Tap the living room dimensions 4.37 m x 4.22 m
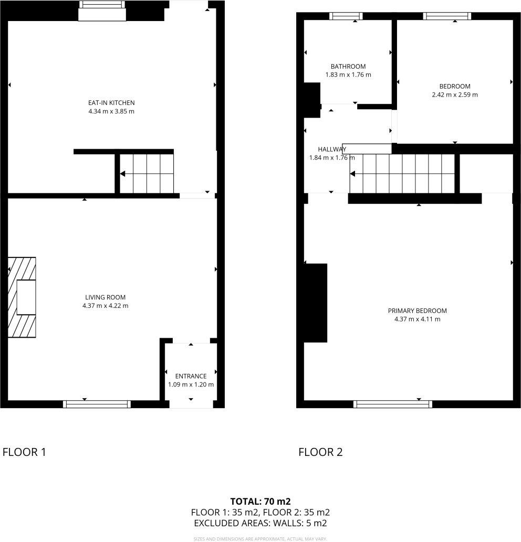pos(106,306)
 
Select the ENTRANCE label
pos(191,376)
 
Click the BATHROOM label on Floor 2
pos(348,66)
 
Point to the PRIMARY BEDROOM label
pos(417,310)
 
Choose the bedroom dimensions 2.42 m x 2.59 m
pos(455,95)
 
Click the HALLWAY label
pos(331,149)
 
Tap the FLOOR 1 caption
pos(25,452)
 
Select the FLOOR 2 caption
pos(320,452)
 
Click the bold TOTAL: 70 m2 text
pos(260,501)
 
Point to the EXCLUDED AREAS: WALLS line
pos(260,523)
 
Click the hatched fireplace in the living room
pos(22,297)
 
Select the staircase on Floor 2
pos(402,173)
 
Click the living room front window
pos(97,404)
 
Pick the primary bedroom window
pos(393,404)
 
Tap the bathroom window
pos(346,16)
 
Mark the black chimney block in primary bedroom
pos(316,303)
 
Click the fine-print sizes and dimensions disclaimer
pos(260,538)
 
